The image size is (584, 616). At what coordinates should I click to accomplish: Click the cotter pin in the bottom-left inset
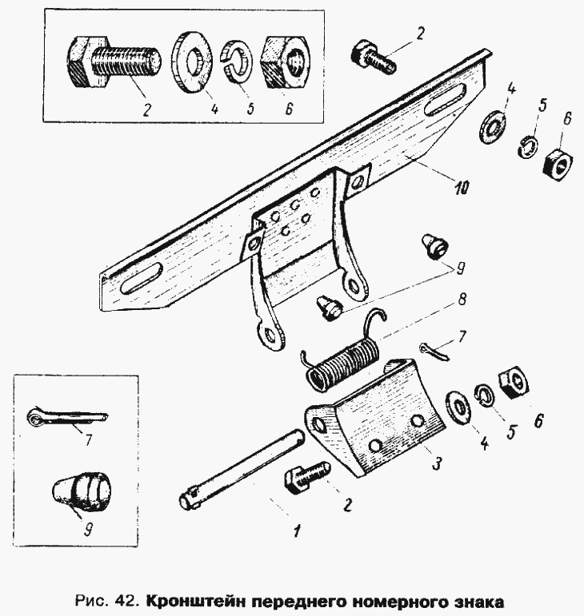click(x=65, y=415)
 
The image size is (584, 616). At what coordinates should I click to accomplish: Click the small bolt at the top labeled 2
click(x=372, y=57)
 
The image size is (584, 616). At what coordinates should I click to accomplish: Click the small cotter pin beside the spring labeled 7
click(x=432, y=348)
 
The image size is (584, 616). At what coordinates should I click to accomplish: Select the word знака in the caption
click(x=474, y=598)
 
